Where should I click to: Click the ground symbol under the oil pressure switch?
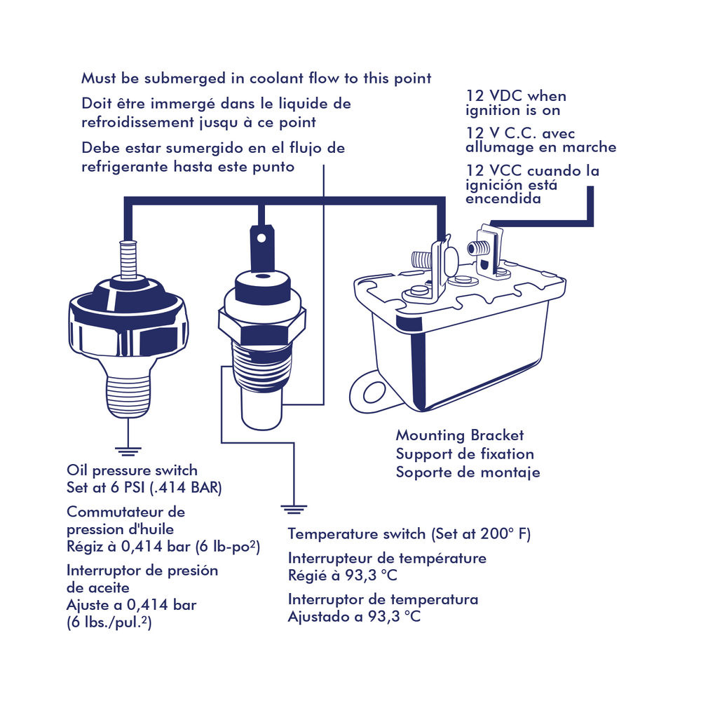128,451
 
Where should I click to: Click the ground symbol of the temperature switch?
294,509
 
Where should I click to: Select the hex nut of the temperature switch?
262,326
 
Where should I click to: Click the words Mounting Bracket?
460,435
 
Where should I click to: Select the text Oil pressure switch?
132,470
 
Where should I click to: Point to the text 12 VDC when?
516,95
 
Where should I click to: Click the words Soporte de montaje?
468,472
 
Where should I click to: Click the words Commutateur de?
125,512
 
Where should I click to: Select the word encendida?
503,198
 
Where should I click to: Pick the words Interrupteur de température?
387,558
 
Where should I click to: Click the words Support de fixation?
465,454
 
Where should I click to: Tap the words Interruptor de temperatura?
383,599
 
